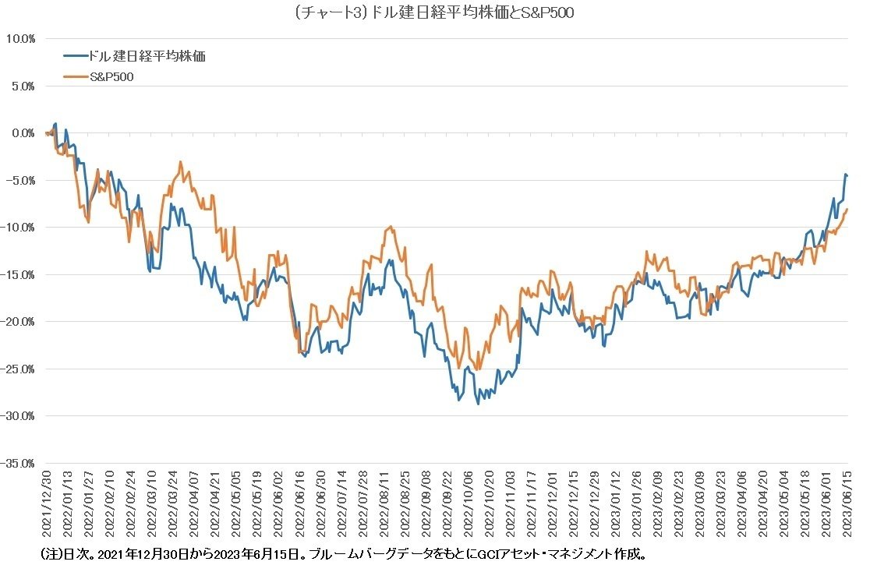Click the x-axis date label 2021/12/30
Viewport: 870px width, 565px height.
(47, 507)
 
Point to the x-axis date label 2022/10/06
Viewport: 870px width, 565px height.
(469, 507)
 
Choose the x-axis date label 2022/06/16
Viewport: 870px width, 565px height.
(300, 507)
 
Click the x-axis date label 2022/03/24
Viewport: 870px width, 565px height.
(174, 507)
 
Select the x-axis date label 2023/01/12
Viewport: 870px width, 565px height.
(616, 507)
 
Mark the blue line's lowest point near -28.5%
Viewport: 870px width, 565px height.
(478, 404)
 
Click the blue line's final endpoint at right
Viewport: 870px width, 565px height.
(847, 175)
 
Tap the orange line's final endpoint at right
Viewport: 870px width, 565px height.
(847, 209)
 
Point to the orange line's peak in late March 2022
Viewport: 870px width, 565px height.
(181, 162)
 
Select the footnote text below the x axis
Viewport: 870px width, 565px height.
(343, 554)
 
